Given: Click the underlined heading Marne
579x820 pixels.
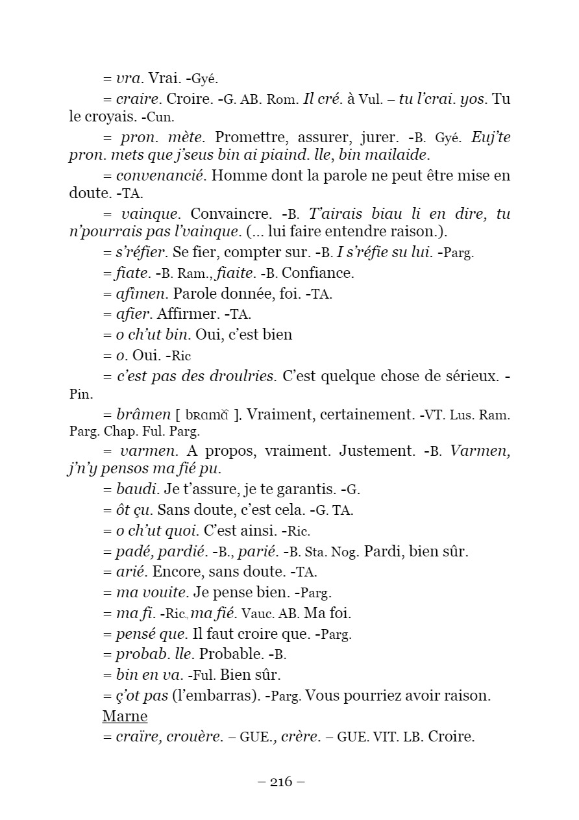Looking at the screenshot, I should (125, 717).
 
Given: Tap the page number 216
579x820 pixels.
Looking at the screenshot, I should (281, 781).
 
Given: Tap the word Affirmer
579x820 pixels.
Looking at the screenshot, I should (188, 314).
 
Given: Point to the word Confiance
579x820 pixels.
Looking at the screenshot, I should (318, 273).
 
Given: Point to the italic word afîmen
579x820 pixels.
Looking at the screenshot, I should (142, 294).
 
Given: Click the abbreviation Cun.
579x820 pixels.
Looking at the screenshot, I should (160, 118).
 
